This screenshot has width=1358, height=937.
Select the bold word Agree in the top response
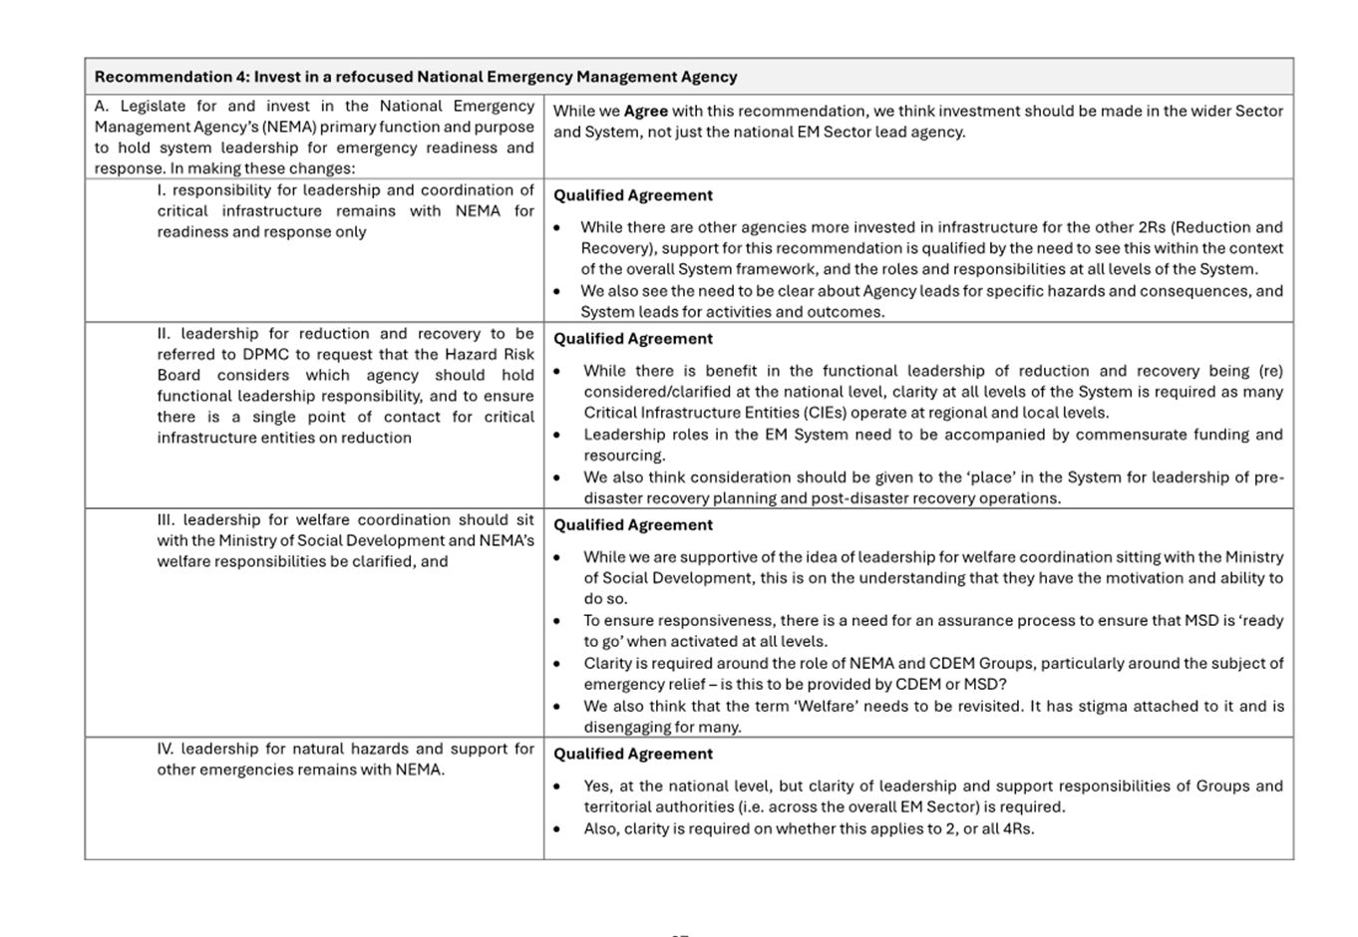[645, 112]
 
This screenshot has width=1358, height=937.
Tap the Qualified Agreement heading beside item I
[633, 195]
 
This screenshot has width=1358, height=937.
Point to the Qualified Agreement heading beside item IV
[633, 754]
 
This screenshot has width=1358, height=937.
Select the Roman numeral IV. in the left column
[166, 749]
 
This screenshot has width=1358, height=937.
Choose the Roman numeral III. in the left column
[166, 519]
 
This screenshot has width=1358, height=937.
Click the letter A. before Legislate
[102, 107]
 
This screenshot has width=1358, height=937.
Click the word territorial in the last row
[622, 806]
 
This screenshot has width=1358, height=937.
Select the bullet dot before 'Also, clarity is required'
[557, 829]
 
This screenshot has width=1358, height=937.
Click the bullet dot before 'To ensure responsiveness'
[557, 621]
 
